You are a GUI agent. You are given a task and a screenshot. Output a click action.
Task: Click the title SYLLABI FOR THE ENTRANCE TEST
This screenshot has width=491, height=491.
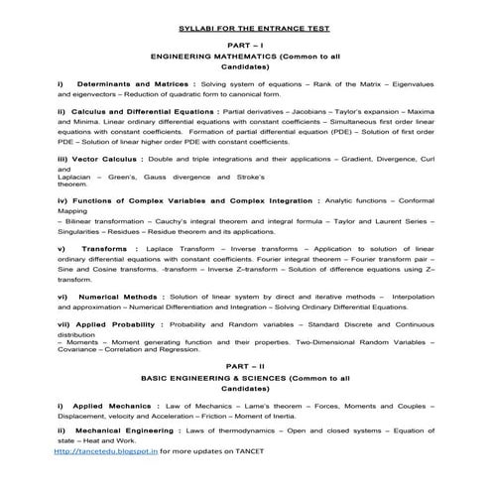click(x=245, y=31)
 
